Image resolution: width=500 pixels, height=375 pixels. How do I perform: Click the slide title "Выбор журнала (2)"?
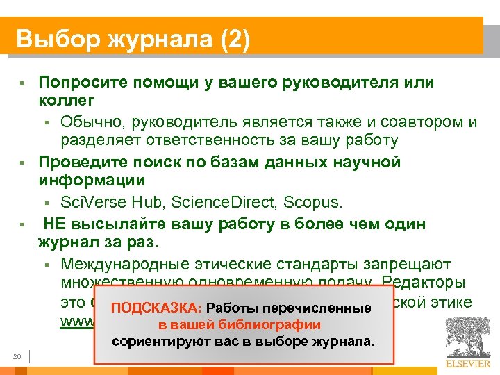132,38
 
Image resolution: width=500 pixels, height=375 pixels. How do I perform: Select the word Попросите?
82,83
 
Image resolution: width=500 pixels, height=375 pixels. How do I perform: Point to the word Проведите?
82,162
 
